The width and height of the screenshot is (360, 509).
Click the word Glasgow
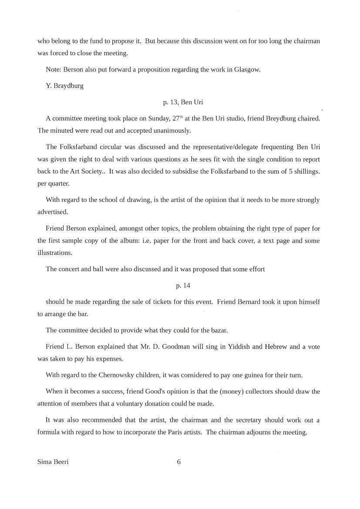[247, 70]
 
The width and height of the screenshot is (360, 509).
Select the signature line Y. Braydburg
[64, 86]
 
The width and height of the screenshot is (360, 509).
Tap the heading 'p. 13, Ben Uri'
[183, 102]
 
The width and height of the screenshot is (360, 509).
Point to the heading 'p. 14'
[183, 286]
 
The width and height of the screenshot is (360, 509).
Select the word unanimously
[170, 131]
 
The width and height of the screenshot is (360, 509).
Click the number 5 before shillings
[290, 171]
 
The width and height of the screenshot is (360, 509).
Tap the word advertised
[53, 212]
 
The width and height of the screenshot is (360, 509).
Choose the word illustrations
[54, 253]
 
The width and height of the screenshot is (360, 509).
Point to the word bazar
[218, 330]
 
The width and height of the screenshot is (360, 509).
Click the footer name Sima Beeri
[53, 462]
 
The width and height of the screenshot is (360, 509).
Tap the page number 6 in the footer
[179, 462]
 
